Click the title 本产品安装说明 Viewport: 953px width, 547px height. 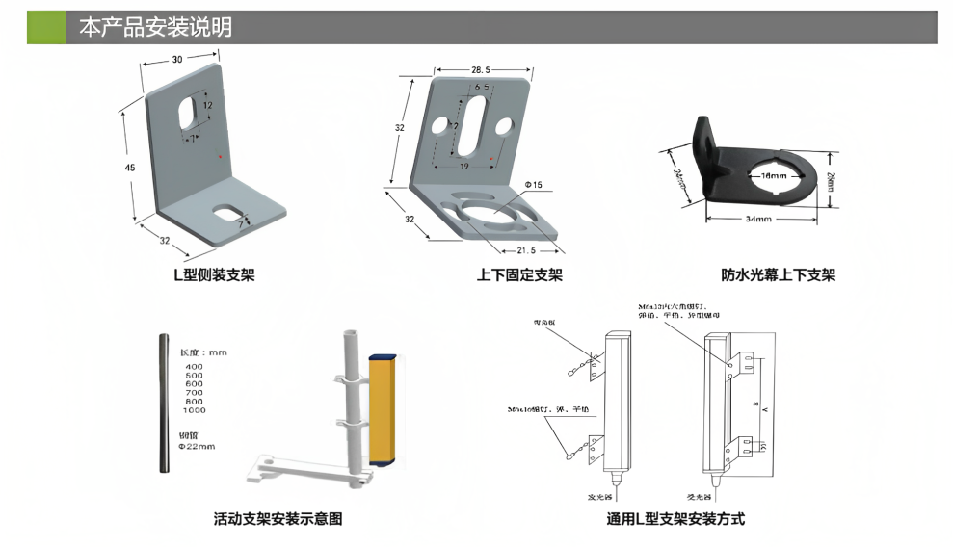(155, 28)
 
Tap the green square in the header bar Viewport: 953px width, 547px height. (46, 28)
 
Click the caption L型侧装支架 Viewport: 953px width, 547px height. (214, 275)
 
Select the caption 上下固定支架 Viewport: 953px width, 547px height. (519, 275)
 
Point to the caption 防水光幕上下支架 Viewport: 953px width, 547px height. (779, 275)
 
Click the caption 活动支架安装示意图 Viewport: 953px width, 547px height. (278, 520)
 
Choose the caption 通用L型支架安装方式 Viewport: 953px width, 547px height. (676, 520)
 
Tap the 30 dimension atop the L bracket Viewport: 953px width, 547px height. (177, 60)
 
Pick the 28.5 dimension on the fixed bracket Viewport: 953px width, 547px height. (482, 69)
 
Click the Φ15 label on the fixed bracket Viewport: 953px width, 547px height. (533, 184)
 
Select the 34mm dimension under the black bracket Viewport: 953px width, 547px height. (759, 221)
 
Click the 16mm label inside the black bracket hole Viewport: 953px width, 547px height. (773, 177)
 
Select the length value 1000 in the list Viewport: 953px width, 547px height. (194, 410)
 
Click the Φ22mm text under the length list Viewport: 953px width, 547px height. (198, 446)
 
